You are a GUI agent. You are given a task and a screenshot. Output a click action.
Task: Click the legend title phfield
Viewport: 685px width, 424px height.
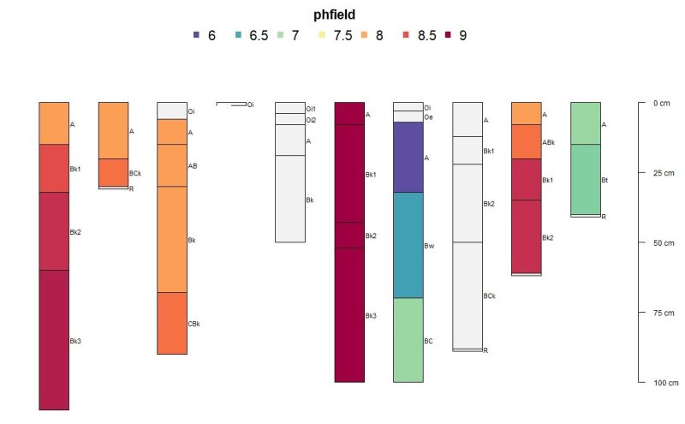tap(330, 15)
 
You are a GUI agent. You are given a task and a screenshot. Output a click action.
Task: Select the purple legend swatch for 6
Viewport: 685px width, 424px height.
tap(197, 36)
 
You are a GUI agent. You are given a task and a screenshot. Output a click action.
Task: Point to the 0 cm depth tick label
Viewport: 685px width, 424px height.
tap(661, 103)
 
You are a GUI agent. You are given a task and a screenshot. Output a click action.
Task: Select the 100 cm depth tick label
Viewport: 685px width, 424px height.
tap(664, 383)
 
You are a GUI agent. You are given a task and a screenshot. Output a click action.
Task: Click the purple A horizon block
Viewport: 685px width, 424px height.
tap(408, 157)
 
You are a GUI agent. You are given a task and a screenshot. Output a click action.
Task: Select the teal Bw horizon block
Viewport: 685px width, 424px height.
tap(408, 245)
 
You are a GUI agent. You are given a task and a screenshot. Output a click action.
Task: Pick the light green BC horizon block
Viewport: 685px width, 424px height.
tap(408, 339)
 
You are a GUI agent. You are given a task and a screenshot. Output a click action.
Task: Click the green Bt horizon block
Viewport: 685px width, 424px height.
tap(586, 179)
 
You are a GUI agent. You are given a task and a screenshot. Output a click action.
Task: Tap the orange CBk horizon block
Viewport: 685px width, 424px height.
tap(172, 323)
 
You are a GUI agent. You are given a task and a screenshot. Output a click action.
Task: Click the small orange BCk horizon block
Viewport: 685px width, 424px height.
tap(113, 172)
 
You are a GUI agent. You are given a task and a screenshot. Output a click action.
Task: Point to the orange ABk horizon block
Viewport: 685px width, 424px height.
tap(527, 141)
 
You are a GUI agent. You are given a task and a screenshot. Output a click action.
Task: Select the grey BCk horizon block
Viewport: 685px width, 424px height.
tap(468, 296)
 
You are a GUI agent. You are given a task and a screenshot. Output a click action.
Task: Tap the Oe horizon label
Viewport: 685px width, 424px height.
tap(428, 116)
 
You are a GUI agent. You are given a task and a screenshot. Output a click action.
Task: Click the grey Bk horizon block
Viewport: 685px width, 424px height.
tap(290, 199)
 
